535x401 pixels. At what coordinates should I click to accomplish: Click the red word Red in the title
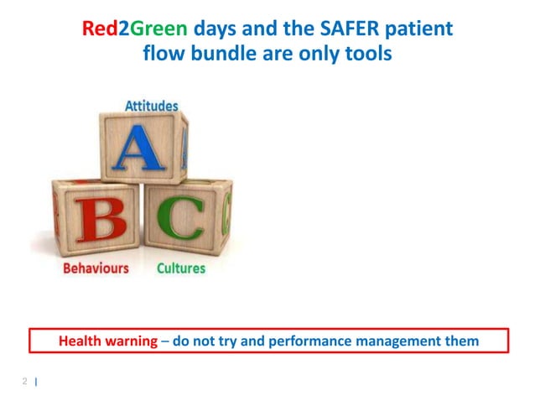(99, 29)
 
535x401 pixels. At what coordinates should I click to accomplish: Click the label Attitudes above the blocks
(151, 106)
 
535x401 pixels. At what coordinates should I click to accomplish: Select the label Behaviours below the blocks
(96, 268)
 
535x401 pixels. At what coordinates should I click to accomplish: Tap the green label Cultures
(180, 268)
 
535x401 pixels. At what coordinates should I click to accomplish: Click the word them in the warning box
(462, 341)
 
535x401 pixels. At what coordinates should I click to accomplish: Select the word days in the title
(213, 29)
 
